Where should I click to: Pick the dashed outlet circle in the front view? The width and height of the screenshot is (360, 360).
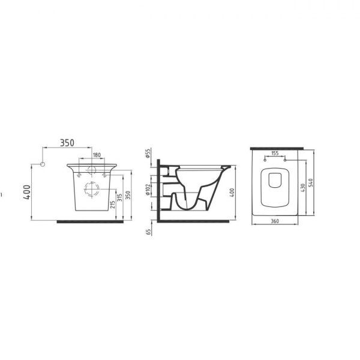pyautogui.click(x=92, y=188)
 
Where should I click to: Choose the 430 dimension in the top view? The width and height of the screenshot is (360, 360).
pyautogui.click(x=305, y=188)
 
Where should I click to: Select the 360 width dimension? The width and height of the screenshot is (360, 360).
pyautogui.click(x=275, y=223)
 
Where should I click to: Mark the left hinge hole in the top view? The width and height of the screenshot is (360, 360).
pyautogui.click(x=265, y=161)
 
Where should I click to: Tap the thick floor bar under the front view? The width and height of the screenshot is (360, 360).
pyautogui.click(x=91, y=221)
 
